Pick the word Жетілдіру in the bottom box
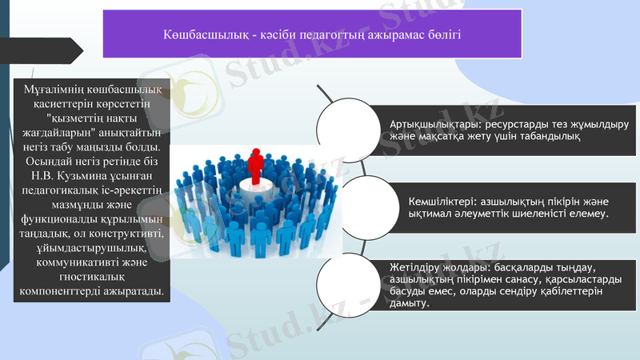(414, 265)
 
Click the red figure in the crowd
(256, 165)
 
